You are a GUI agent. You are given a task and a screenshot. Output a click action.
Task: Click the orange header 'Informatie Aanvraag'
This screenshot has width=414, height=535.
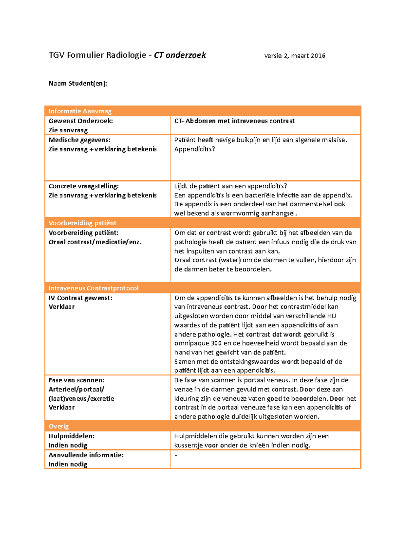80,111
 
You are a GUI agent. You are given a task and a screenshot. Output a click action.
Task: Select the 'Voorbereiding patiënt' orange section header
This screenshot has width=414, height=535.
82,223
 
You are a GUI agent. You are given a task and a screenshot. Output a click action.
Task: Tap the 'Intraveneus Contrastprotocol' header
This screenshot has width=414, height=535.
93,288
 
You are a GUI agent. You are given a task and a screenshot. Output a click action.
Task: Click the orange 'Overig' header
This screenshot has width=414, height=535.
59,426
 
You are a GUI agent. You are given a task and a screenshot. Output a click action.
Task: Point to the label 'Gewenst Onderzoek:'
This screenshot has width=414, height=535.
81,121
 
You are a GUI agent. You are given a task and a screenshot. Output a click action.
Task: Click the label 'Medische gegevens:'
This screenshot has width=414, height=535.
80,140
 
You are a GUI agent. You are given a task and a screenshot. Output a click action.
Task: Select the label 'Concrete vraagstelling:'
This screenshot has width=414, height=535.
84,186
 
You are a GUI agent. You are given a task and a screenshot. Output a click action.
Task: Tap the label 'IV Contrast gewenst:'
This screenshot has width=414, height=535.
80,298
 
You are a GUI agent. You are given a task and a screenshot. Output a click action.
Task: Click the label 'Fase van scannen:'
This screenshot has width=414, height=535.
76,380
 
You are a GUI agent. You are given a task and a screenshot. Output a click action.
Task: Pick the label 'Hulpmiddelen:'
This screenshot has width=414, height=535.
71,436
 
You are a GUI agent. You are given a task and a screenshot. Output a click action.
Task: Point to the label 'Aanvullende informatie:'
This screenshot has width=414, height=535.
86,455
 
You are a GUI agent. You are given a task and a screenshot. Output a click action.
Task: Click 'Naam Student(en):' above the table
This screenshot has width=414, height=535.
78,83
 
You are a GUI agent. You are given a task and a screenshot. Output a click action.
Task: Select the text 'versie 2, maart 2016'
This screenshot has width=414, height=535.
295,56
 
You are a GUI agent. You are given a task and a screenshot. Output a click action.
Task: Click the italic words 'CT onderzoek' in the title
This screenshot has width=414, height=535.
180,55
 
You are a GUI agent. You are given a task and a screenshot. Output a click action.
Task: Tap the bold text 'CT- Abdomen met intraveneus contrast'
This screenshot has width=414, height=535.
234,121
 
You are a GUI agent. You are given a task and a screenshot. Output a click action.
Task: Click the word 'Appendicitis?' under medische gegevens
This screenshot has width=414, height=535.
195,149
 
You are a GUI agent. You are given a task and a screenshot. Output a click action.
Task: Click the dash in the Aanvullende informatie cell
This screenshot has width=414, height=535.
176,455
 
